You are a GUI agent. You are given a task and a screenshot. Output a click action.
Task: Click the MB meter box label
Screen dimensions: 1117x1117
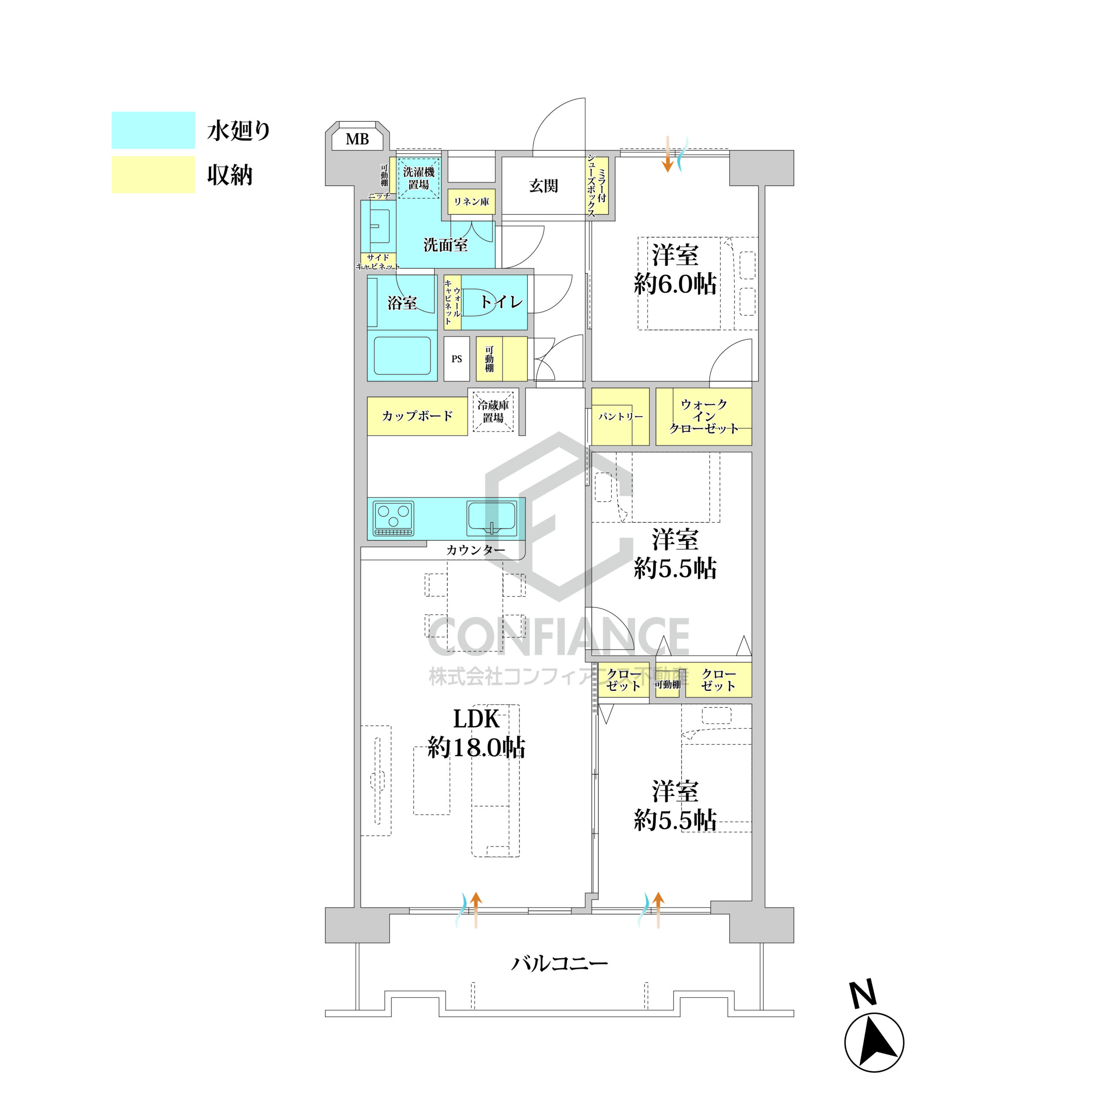pos(357,139)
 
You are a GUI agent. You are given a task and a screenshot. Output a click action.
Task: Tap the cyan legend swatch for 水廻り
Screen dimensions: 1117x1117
pos(153,130)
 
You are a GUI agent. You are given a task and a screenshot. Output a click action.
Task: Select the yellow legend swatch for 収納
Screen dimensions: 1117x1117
pos(153,175)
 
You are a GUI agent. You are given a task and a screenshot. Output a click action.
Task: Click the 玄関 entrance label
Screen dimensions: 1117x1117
pos(544,185)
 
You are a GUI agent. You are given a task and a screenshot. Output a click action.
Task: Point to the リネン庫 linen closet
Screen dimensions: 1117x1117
pos(471,202)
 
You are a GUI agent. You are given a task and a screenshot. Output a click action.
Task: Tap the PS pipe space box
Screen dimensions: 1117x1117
pos(457,359)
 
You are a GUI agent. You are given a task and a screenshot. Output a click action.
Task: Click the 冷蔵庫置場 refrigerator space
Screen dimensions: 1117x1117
pos(493,411)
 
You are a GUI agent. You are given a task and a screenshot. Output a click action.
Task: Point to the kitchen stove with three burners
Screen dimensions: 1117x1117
pos(394,518)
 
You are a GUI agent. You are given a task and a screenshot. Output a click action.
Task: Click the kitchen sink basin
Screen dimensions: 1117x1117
pos(491,518)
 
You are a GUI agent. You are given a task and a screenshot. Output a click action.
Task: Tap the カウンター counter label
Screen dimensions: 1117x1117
pos(475,550)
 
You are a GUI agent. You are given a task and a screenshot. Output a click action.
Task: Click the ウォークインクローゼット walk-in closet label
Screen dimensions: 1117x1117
pos(704,416)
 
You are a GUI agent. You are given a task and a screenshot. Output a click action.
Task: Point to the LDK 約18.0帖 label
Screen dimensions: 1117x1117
pos(476,733)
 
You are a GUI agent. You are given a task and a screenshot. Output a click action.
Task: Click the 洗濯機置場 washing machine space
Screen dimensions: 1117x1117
pos(418,178)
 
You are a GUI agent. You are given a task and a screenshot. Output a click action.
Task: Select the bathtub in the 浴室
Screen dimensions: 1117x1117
pos(402,356)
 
